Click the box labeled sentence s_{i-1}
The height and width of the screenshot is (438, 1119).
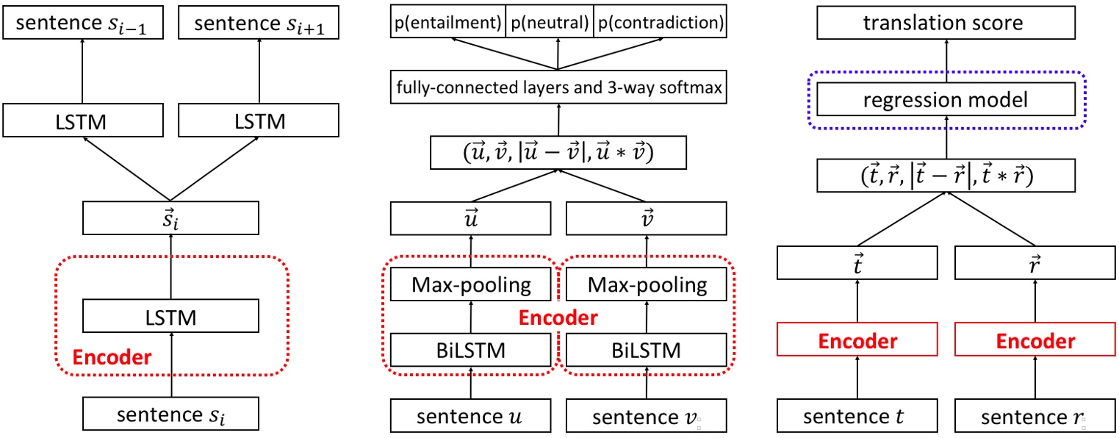coord(82,24)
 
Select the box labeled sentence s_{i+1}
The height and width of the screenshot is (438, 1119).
coord(258,24)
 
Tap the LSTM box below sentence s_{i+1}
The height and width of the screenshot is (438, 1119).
coord(258,121)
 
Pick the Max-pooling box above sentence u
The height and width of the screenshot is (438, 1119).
coord(471,284)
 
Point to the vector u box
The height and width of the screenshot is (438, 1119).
coord(471,219)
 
